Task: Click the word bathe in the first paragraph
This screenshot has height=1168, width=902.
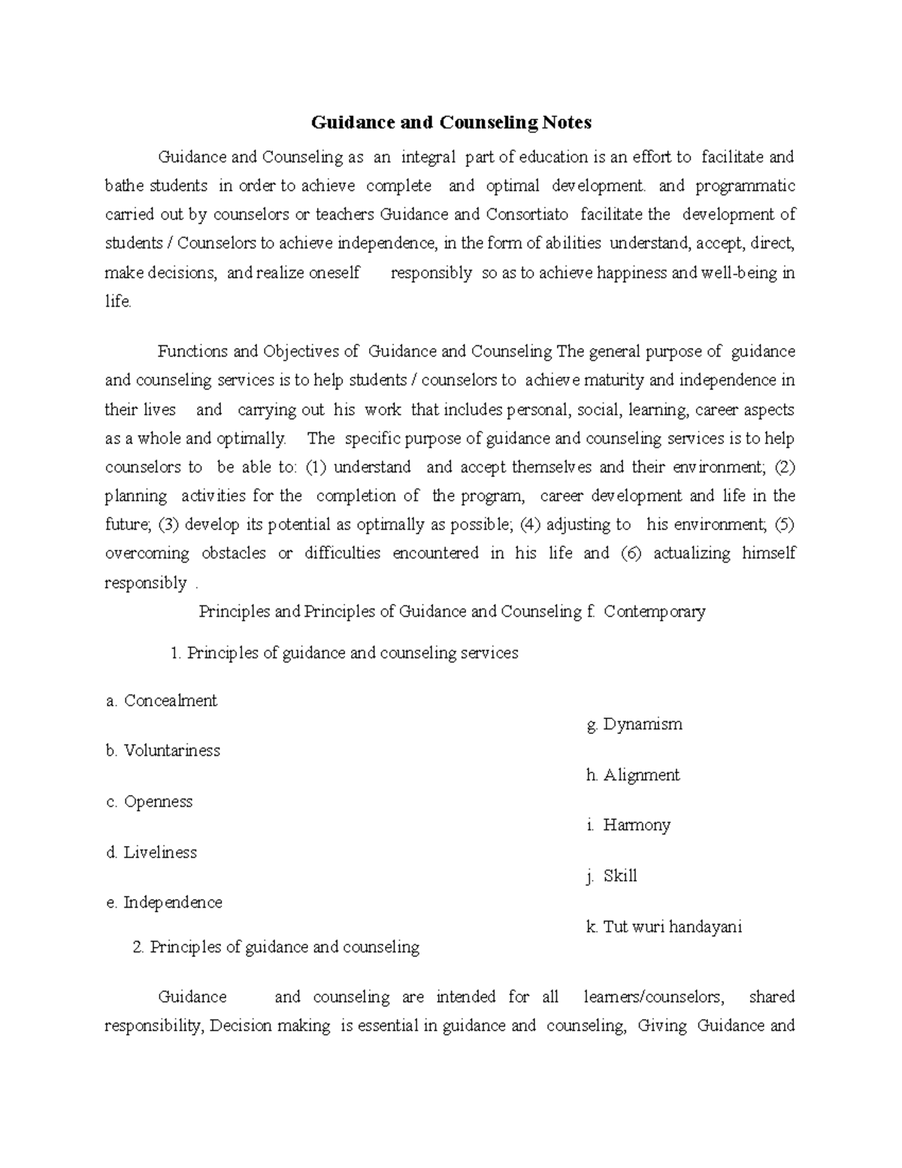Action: (x=124, y=186)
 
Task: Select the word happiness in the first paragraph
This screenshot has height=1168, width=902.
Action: (x=631, y=272)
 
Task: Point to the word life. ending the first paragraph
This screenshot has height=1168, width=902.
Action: (x=118, y=302)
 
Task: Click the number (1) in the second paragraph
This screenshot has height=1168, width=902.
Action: (x=316, y=467)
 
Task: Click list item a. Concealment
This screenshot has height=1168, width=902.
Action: (x=162, y=701)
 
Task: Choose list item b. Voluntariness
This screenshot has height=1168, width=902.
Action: (x=163, y=751)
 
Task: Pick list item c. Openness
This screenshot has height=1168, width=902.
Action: (x=150, y=802)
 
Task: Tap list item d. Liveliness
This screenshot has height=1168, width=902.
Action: (x=151, y=852)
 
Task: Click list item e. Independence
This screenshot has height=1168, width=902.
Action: (x=164, y=903)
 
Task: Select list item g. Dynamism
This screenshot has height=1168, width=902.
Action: (x=634, y=725)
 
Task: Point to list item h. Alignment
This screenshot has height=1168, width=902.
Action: (x=632, y=775)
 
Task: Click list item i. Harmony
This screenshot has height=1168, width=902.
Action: (x=628, y=825)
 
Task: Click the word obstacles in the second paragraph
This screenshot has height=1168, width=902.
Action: (x=233, y=554)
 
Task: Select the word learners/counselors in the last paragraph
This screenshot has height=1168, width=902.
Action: (x=654, y=997)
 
